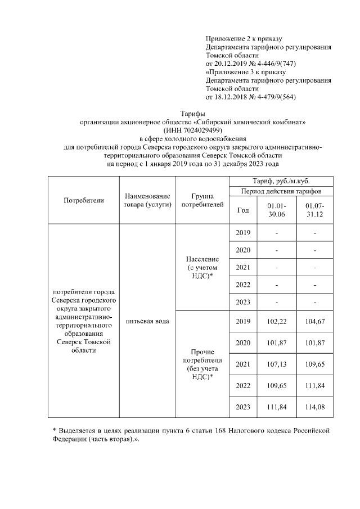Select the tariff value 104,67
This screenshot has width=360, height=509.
pos(315,321)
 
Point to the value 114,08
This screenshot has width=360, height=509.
pos(315,407)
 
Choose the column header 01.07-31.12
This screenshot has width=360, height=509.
pos(315,210)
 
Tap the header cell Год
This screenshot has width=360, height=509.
pos(243,210)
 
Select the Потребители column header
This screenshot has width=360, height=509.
pos(84,200)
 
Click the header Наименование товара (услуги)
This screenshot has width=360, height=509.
pos(147,200)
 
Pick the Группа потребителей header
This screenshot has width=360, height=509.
pos(202,200)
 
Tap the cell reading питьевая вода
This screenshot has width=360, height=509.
pos(147,321)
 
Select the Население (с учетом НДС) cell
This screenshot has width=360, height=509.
pos(202,267)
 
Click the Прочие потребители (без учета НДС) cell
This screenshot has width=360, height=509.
pos(202,364)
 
